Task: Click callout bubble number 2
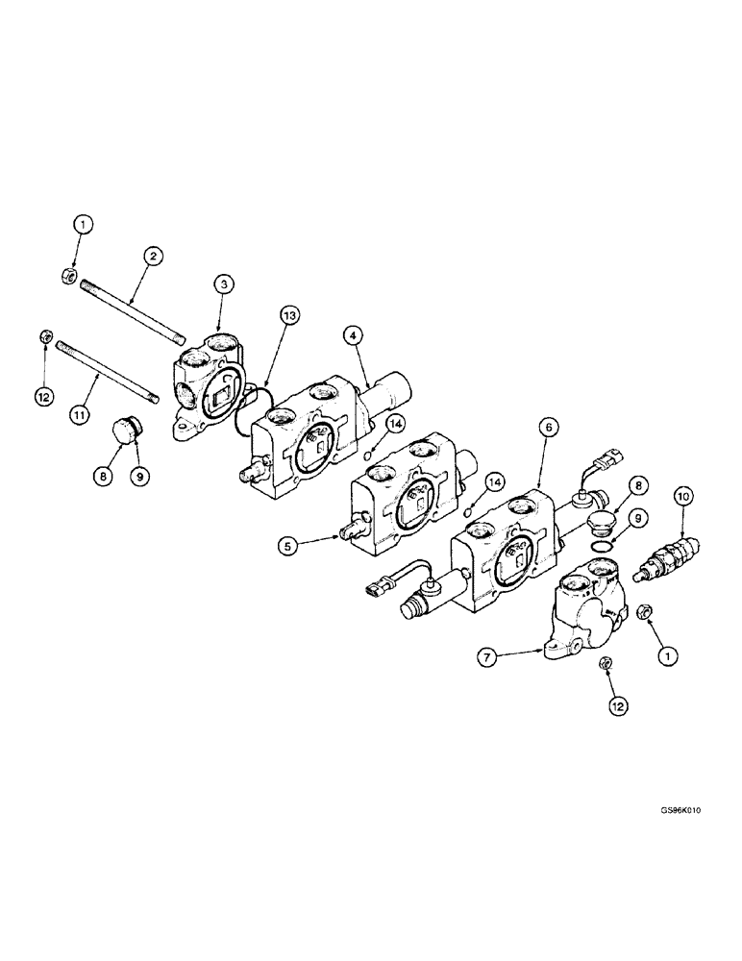(153, 257)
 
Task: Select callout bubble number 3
(224, 283)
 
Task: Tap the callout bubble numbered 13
(290, 315)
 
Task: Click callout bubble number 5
(287, 545)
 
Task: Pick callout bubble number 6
(548, 428)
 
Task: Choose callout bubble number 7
(487, 657)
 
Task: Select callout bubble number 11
(79, 415)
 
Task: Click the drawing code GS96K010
(680, 809)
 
